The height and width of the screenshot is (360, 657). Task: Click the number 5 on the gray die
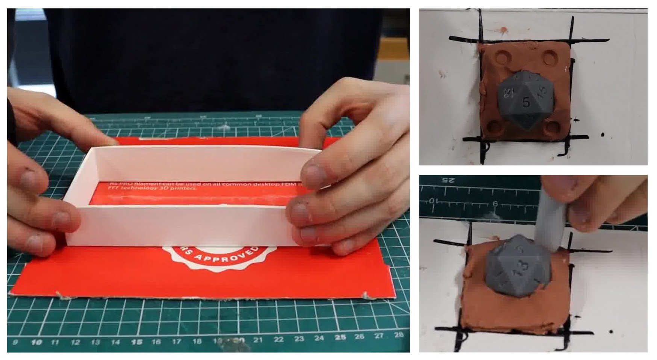(526, 102)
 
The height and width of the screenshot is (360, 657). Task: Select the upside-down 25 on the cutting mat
(448, 180)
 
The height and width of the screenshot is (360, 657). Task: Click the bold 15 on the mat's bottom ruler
(136, 342)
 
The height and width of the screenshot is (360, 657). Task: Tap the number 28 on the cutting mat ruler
(398, 334)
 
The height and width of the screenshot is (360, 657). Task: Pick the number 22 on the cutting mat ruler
(279, 339)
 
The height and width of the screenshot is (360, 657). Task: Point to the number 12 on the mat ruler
(75, 342)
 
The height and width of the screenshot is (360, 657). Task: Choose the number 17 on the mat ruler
(176, 342)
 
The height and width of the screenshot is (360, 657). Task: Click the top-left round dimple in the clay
(503, 57)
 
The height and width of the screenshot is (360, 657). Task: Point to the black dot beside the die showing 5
(603, 134)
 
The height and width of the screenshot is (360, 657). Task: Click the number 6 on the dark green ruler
(495, 204)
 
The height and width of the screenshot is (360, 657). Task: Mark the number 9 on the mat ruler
(15, 342)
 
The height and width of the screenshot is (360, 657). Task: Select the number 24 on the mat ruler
(319, 338)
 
